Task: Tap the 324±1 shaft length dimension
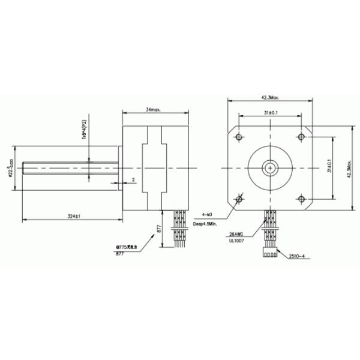[x=74, y=215]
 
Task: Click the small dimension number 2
[x=133, y=179]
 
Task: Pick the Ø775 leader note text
[x=127, y=247]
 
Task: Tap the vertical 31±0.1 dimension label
[x=329, y=167]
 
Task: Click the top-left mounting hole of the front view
[x=240, y=134]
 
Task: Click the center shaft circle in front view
[x=271, y=166]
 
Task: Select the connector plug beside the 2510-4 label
[x=271, y=254]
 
